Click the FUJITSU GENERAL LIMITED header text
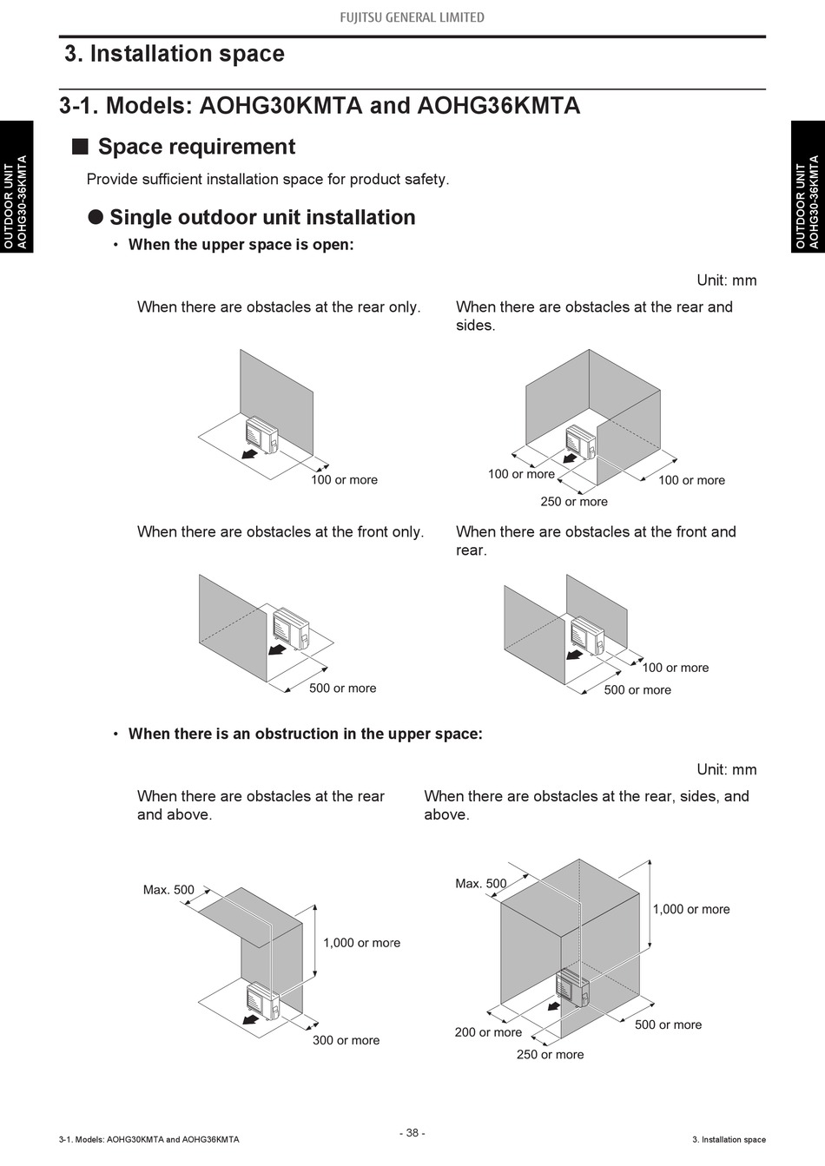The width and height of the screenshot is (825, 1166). click(x=412, y=17)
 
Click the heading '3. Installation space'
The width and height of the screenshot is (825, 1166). click(x=175, y=54)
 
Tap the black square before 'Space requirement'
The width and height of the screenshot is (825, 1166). click(x=80, y=146)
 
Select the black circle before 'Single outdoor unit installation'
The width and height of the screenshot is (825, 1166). click(x=96, y=217)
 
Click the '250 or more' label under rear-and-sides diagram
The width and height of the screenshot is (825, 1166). click(x=574, y=502)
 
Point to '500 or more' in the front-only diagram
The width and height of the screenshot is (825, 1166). click(x=342, y=688)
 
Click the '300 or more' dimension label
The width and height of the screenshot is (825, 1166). click(x=346, y=1040)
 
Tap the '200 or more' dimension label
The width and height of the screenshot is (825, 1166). click(x=488, y=1032)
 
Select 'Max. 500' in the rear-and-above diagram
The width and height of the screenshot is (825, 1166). click(x=168, y=890)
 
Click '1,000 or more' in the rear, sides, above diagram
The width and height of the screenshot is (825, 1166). click(x=690, y=909)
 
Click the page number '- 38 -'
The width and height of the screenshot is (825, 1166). click(x=412, y=1132)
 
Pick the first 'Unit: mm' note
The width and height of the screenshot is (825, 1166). click(x=726, y=280)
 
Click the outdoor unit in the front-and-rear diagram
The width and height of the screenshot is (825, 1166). click(x=587, y=634)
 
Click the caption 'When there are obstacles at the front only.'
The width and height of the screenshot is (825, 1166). click(x=280, y=531)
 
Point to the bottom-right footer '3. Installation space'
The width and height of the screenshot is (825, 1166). click(x=729, y=1139)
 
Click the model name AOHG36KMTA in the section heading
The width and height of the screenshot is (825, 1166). click(x=498, y=106)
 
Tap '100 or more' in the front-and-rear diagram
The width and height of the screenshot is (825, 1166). click(x=675, y=668)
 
